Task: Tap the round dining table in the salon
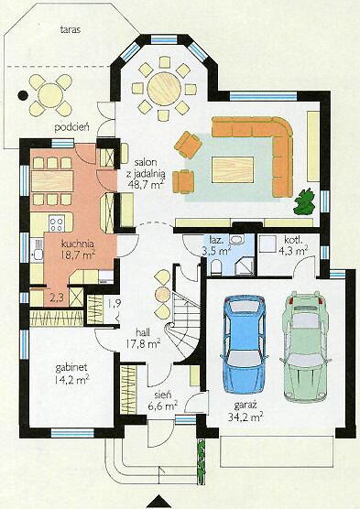164,89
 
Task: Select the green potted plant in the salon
304,202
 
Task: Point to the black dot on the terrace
22,95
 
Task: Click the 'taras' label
71,29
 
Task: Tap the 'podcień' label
71,126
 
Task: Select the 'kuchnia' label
78,244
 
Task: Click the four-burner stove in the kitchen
57,223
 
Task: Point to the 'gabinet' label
71,368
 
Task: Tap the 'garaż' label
245,406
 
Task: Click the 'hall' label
143,332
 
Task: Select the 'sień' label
163,395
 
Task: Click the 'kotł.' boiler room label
294,241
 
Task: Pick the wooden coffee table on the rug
233,169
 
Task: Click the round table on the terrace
50,95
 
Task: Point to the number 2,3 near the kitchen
57,297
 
